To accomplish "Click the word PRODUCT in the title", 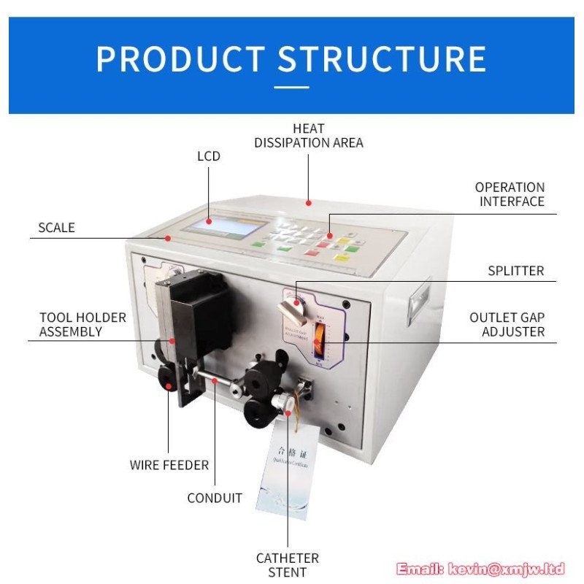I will (x=180, y=59).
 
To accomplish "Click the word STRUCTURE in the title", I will (x=382, y=59).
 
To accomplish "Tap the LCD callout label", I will (x=208, y=156).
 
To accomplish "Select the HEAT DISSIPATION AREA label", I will (x=308, y=136).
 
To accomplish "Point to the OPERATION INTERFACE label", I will (x=510, y=194).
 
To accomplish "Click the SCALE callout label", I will (x=56, y=228).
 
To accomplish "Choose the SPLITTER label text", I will (x=515, y=271).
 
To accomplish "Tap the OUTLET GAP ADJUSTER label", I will (x=507, y=325).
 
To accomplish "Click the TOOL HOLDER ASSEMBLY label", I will (x=82, y=324).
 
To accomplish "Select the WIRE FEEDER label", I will (x=169, y=465).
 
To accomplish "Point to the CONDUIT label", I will (x=215, y=499).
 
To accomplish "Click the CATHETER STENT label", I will (x=287, y=565).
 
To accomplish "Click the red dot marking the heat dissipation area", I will (x=309, y=202).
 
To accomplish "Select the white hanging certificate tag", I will (x=287, y=467).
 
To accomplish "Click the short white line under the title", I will (x=291, y=88).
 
